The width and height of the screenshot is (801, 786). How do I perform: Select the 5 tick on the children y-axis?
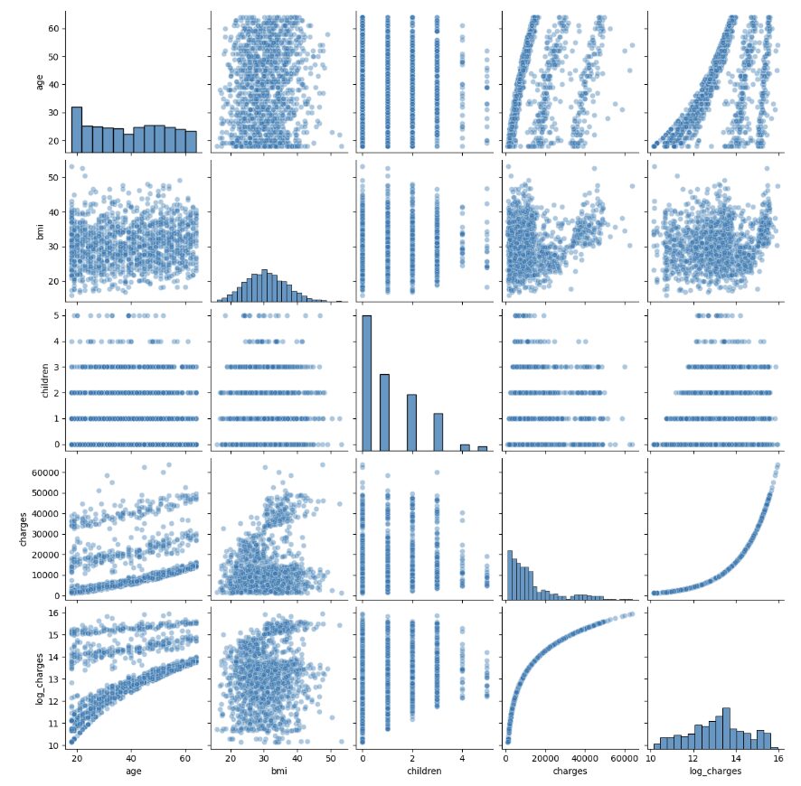(54, 315)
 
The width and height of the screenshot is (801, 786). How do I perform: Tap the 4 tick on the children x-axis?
(462, 757)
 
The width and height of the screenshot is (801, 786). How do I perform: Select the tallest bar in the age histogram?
(77, 127)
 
